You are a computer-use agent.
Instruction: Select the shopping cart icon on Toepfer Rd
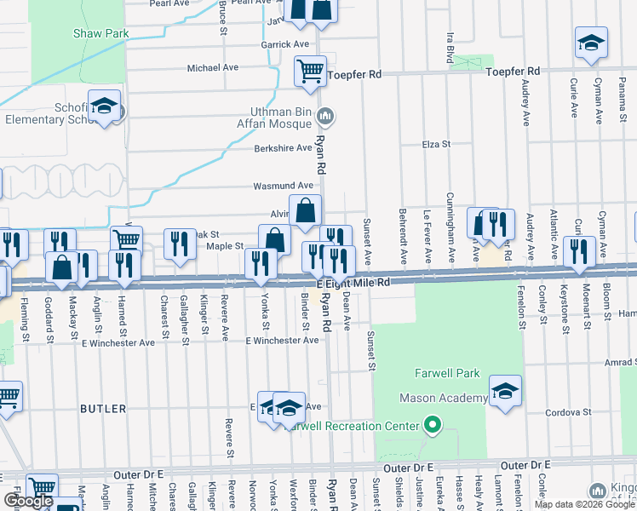[x=311, y=70]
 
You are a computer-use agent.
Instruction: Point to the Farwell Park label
[x=448, y=373]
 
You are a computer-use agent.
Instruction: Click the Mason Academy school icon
[x=505, y=390]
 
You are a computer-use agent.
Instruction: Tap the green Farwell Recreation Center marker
[x=433, y=425]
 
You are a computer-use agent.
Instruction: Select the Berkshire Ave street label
[x=284, y=148]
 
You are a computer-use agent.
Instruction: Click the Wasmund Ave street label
[x=284, y=186]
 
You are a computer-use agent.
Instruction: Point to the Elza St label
[x=435, y=145]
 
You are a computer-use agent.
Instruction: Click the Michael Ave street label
[x=213, y=67]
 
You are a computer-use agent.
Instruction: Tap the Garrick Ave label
[x=285, y=44]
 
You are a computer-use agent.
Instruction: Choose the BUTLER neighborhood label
[x=103, y=409]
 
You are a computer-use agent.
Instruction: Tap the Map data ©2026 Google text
[x=584, y=504]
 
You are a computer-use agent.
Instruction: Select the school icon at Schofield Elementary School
[x=104, y=106]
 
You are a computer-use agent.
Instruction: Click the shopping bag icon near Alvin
[x=305, y=209]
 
